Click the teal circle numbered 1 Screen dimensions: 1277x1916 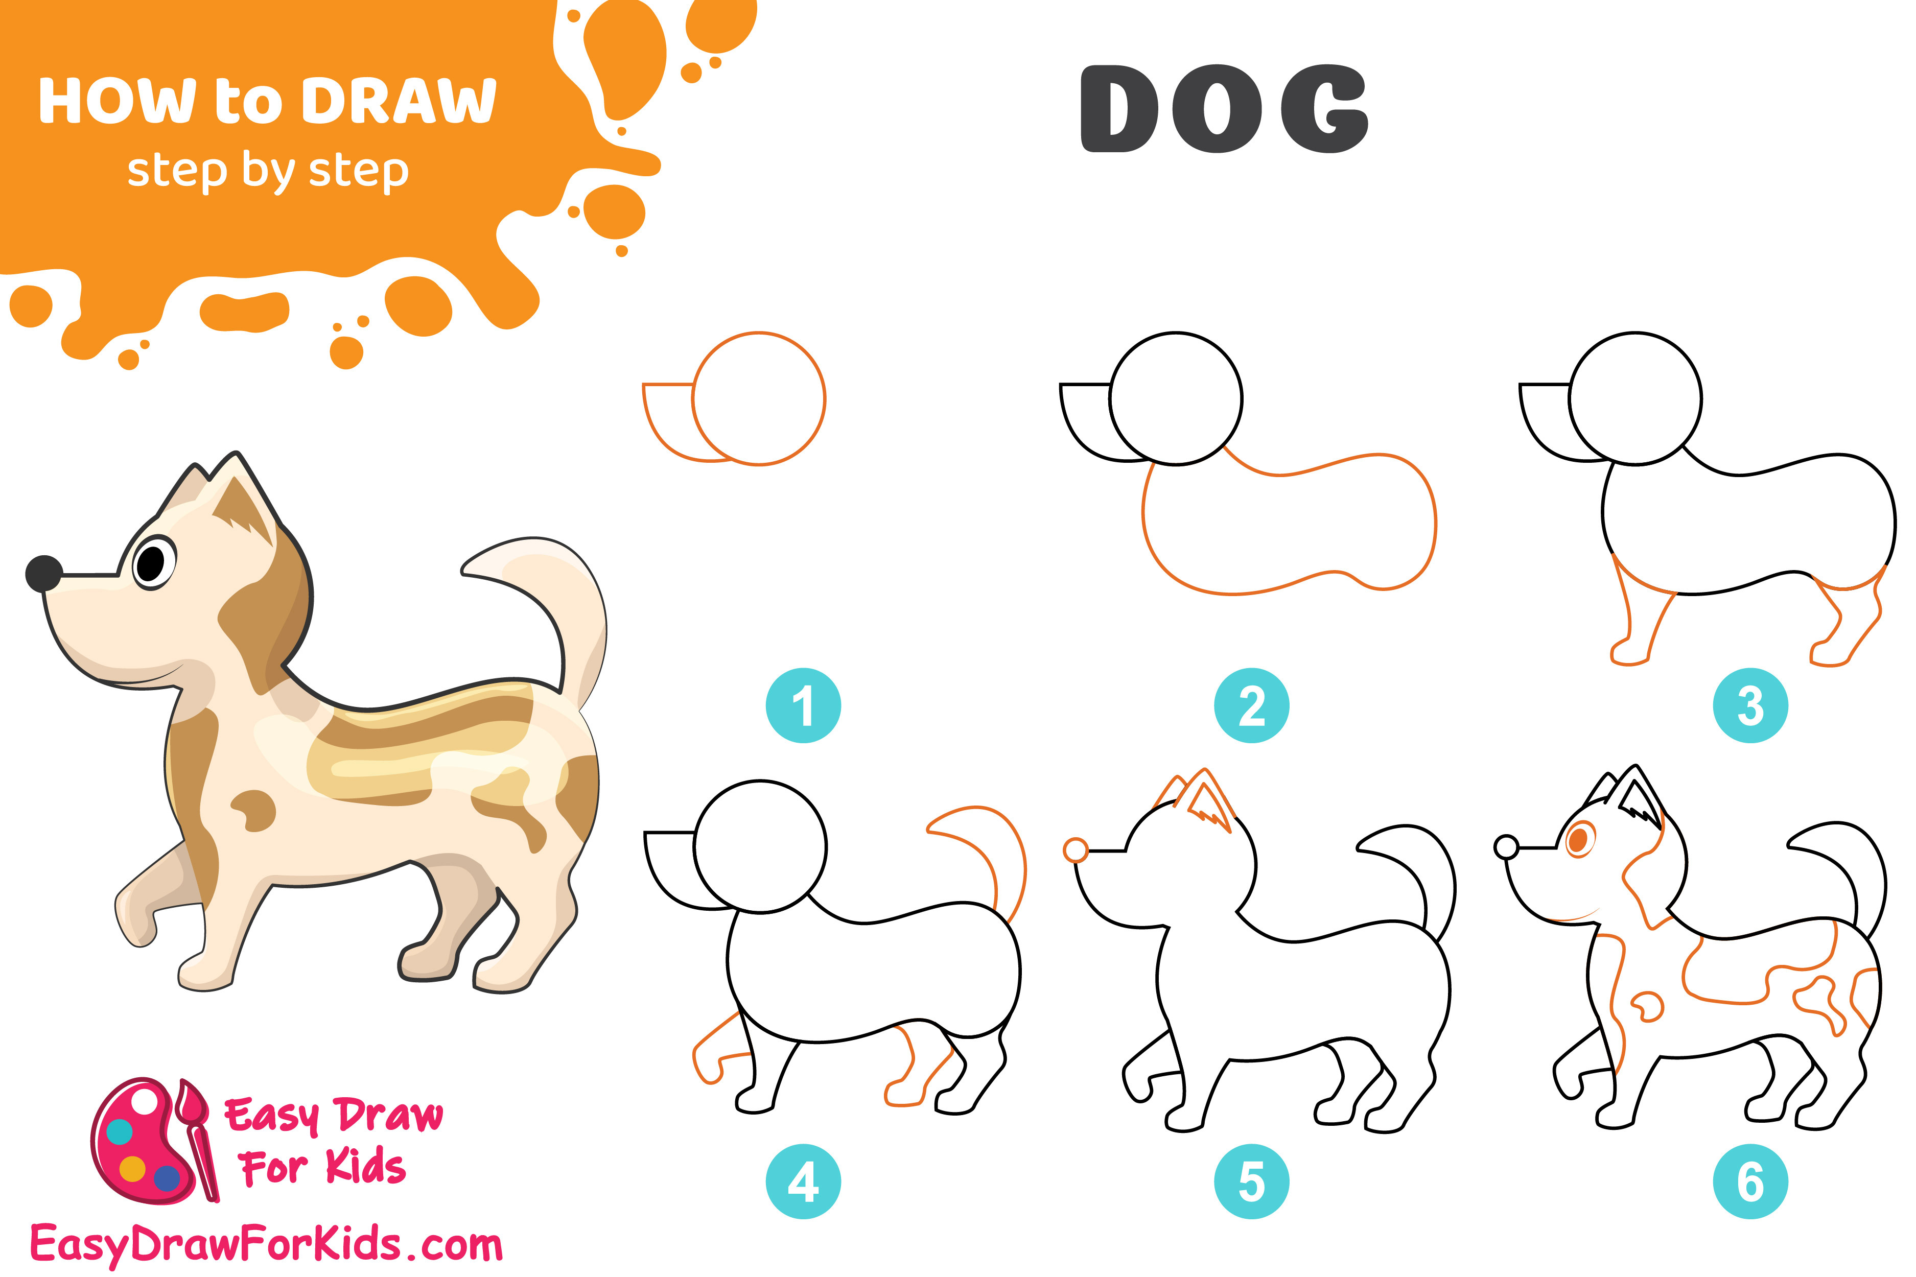(803, 705)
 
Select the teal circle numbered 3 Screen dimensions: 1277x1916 (1750, 705)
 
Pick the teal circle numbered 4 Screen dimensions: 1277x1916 (803, 1181)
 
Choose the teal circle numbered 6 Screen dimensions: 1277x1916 (1750, 1181)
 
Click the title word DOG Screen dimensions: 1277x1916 (1224, 109)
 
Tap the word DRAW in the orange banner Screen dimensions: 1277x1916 (399, 102)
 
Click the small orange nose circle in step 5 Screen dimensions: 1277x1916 (1076, 850)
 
